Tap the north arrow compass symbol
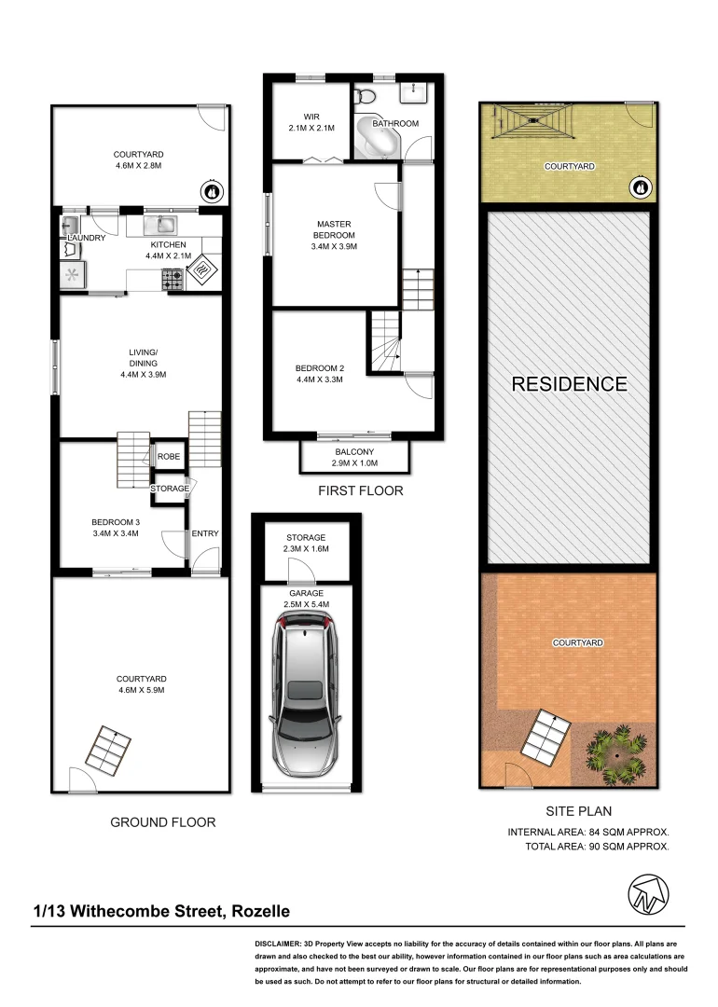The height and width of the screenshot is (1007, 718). tap(646, 896)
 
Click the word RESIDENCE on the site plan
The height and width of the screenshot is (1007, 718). tap(569, 383)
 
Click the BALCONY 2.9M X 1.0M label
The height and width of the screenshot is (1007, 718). tap(354, 458)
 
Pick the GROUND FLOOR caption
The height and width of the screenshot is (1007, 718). tap(163, 822)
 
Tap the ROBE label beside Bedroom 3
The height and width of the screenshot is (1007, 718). tap(169, 457)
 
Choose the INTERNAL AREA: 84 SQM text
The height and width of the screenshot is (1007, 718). tap(588, 831)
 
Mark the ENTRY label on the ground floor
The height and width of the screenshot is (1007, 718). tap(204, 533)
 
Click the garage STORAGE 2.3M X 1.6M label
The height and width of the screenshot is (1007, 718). tap(306, 544)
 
